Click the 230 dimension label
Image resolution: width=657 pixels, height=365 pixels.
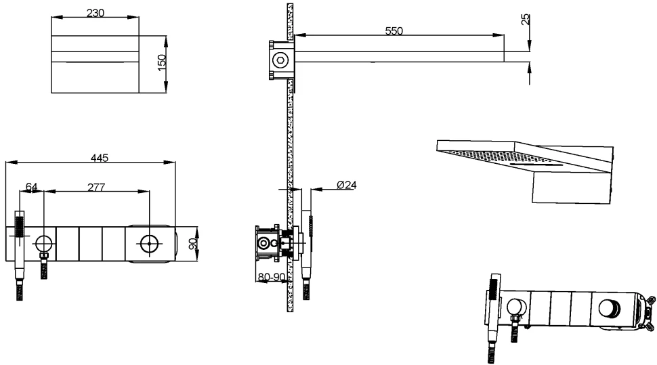pos(95,13)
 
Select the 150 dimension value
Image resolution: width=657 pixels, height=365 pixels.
pos(162,63)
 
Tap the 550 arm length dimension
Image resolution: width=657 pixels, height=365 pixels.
pos(394,30)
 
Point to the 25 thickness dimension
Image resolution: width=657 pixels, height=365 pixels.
pos(526,19)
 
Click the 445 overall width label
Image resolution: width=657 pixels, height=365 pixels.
pos(100,158)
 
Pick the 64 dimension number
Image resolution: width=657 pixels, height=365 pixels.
pos(32,186)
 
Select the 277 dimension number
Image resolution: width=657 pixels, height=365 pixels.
pos(96,187)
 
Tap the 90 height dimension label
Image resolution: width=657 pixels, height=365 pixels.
pos(193,244)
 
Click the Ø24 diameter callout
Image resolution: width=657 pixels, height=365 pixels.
pos(347,185)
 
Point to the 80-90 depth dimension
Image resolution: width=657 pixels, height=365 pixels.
pos(272,277)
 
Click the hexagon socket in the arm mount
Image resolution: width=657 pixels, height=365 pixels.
pos(280,60)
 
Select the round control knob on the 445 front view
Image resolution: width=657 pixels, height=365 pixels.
pos(149,244)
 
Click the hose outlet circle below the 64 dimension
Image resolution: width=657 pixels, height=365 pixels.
pos(44,244)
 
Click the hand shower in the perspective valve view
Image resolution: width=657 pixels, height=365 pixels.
pos(494,301)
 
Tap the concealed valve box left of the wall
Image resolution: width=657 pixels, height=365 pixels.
pos(268,244)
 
